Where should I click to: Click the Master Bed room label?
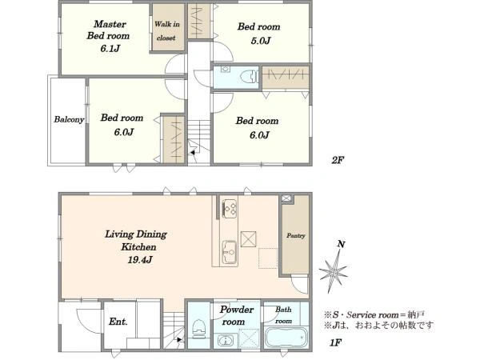[x=108, y=30]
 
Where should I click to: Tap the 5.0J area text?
[x=261, y=41]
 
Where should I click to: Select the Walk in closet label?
[x=166, y=31]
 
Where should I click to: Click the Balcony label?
[x=69, y=119]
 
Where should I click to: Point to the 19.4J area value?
[x=140, y=260]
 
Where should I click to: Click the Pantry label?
[x=296, y=236]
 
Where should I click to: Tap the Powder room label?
[x=236, y=316]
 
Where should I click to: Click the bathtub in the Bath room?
[x=286, y=338]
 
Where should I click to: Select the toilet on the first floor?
[x=198, y=328]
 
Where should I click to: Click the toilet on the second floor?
[x=249, y=77]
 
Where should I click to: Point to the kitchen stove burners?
[x=230, y=209]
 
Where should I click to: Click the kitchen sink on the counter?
[x=230, y=252]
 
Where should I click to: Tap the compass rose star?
[x=333, y=270]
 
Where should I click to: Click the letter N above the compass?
[x=341, y=244]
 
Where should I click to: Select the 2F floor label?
[x=338, y=160]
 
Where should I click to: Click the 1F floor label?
[x=335, y=342]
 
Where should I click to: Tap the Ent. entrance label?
[x=118, y=322]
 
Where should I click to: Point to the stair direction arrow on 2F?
[x=193, y=152]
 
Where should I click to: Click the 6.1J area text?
[x=110, y=48]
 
